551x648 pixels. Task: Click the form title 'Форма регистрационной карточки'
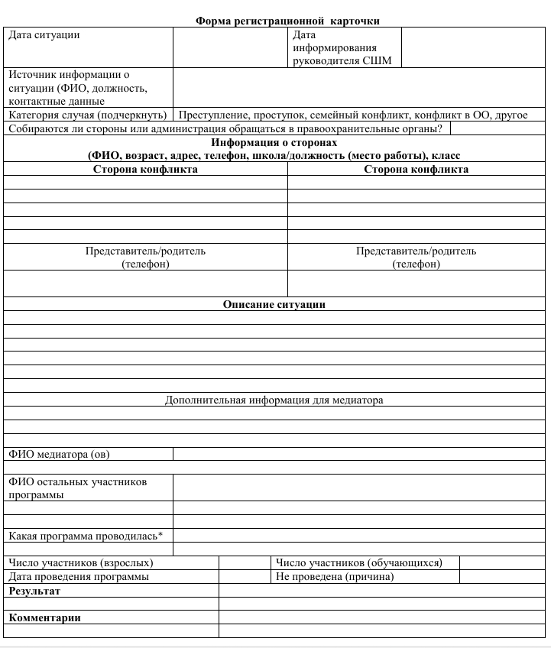pyautogui.click(x=298, y=21)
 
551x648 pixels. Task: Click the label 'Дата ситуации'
pyautogui.click(x=44, y=35)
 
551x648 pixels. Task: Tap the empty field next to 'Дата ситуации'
pyautogui.click(x=231, y=48)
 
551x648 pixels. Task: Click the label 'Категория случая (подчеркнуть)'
pyautogui.click(x=88, y=115)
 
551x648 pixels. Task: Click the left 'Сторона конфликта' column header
pyautogui.click(x=145, y=170)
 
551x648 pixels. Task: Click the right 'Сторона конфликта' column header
pyautogui.click(x=416, y=170)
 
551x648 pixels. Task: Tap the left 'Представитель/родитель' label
pyautogui.click(x=145, y=251)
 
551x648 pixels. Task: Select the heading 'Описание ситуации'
pyautogui.click(x=274, y=304)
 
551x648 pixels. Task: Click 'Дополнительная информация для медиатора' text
pyautogui.click(x=274, y=400)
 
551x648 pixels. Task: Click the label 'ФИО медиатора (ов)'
pyautogui.click(x=59, y=455)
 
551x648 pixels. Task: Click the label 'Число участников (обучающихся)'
pyautogui.click(x=358, y=563)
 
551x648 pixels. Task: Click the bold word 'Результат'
pyautogui.click(x=34, y=591)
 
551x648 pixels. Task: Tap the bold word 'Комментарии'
pyautogui.click(x=44, y=617)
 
